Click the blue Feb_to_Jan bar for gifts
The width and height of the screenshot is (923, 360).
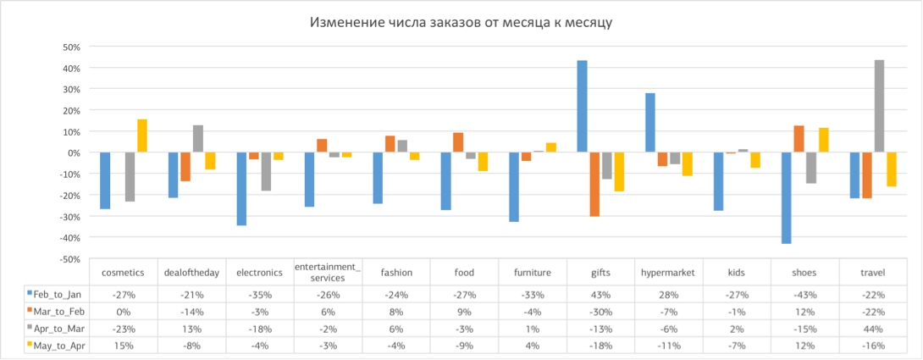582,107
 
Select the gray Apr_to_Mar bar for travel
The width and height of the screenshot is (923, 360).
880,107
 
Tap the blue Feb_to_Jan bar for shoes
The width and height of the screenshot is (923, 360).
787,198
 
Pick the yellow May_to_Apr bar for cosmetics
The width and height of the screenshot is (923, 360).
142,136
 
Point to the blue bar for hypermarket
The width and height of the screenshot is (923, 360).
650,123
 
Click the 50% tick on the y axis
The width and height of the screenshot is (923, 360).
68,47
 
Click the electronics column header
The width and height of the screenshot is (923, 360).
259,273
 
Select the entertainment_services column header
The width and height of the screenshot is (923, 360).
328,273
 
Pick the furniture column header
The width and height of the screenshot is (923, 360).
532,273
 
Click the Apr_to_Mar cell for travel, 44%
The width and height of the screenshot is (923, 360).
873,329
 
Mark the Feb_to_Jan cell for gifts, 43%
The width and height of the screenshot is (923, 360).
600,294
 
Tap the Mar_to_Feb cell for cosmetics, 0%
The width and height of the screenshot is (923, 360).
123,312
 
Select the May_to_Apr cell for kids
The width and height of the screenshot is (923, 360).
737,346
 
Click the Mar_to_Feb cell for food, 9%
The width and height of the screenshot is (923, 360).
464,312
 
